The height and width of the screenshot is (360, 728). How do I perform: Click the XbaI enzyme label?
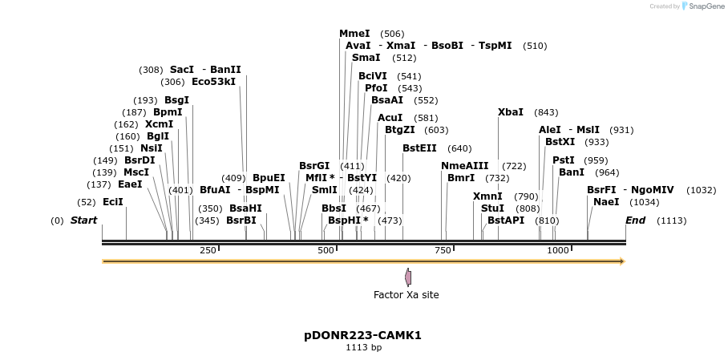(x=511, y=112)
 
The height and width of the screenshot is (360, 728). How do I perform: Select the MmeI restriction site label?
(x=354, y=34)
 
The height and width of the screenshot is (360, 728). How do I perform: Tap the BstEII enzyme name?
(x=419, y=148)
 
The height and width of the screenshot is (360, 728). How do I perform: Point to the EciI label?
(x=113, y=202)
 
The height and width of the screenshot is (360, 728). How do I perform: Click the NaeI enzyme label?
(x=606, y=202)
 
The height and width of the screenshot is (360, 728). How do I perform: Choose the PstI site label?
(x=564, y=160)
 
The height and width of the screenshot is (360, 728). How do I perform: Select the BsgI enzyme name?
(x=176, y=100)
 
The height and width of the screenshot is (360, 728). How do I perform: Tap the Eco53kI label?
(x=214, y=82)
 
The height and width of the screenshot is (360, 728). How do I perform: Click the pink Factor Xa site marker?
(x=408, y=277)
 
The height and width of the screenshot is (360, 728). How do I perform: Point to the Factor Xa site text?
(x=406, y=295)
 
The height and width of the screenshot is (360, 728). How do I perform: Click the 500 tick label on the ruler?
(x=326, y=251)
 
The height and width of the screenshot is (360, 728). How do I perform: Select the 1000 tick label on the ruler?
(x=558, y=251)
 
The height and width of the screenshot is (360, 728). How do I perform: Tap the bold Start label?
(x=83, y=220)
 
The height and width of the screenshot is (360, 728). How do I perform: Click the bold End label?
(x=635, y=220)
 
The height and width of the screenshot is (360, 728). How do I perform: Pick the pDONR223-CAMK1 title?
(x=363, y=335)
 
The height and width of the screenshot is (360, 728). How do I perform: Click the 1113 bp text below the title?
(x=363, y=348)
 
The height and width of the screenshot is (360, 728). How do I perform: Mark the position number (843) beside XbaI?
(x=546, y=112)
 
